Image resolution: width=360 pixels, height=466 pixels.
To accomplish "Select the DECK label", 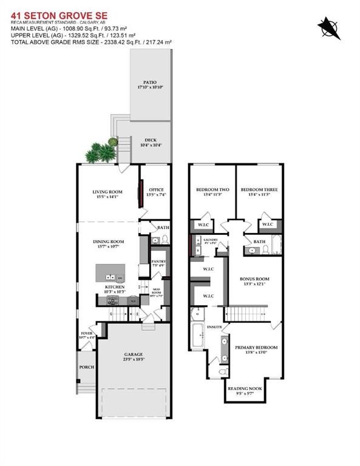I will (150, 140).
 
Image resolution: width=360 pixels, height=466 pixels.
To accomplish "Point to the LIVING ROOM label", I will (107, 192).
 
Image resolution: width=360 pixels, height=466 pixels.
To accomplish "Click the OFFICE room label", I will (155, 192).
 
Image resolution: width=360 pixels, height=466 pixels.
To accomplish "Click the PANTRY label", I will (157, 263).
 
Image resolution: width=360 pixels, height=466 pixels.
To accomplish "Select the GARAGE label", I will (134, 354).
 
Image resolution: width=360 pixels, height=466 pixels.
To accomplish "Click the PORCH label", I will (86, 367).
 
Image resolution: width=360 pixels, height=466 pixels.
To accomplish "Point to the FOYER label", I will (86, 334).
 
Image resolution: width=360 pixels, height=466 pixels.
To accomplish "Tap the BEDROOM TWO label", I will (211, 190).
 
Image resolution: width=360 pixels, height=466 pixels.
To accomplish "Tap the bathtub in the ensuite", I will (197, 336).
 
